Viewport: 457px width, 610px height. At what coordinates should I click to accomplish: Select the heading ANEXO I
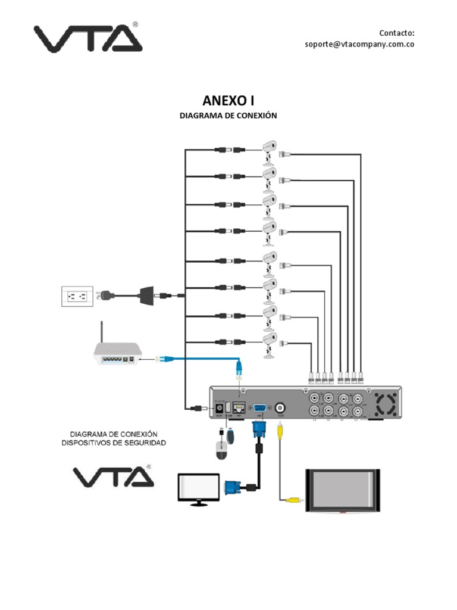(x=228, y=101)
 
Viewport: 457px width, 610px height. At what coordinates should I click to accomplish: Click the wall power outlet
(x=77, y=296)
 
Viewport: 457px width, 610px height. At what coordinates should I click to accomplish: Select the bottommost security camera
(x=270, y=343)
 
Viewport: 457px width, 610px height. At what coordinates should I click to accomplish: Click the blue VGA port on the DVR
(x=259, y=408)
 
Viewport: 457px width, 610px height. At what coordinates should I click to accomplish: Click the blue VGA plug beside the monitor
(x=232, y=487)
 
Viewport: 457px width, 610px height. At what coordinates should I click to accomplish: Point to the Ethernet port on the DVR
(x=239, y=408)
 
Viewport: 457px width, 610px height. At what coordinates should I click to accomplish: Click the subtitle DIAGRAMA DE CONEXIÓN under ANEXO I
(x=228, y=116)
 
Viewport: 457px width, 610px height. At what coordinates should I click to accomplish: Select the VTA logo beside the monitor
(x=113, y=477)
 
